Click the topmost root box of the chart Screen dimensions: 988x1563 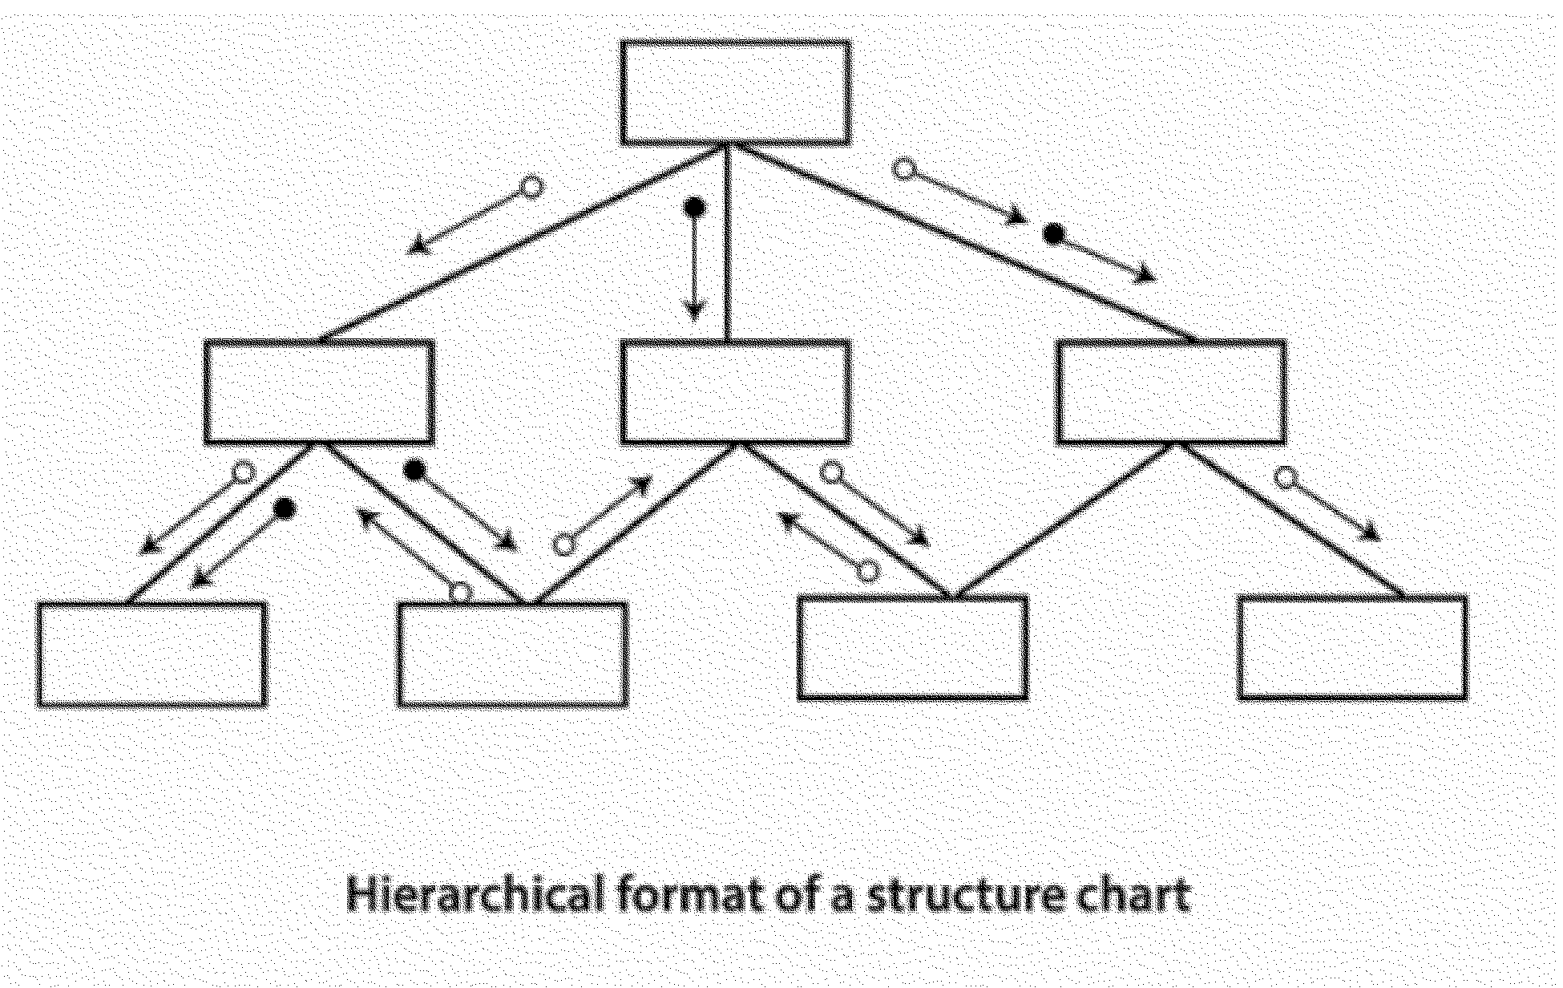[735, 92]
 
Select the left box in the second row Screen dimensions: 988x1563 [319, 391]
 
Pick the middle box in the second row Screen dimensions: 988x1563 [735, 391]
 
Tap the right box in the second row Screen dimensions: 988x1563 [1171, 391]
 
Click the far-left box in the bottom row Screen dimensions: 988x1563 [151, 654]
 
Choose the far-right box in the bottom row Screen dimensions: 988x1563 [1352, 647]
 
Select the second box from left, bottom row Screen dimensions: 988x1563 [512, 654]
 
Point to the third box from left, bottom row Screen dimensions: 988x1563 [913, 647]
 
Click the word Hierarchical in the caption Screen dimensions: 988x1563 [475, 894]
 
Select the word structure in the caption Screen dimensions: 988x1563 [954, 894]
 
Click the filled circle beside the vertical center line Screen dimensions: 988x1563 [694, 209]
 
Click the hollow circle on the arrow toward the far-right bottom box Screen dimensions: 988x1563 [1285, 479]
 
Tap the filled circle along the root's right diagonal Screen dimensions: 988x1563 [1054, 234]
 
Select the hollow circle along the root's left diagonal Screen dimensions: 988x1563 [532, 188]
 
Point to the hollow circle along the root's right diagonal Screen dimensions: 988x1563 [904, 169]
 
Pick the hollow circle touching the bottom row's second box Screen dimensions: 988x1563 [461, 593]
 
